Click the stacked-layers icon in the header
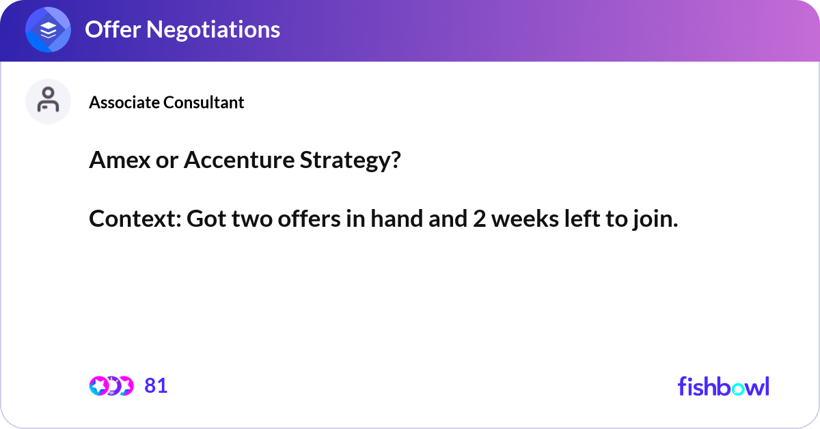pos(48,30)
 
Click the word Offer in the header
pos(109,29)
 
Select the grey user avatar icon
pos(48,101)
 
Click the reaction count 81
pos(156,386)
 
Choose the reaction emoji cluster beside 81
pos(111,386)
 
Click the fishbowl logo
pos(723,386)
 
